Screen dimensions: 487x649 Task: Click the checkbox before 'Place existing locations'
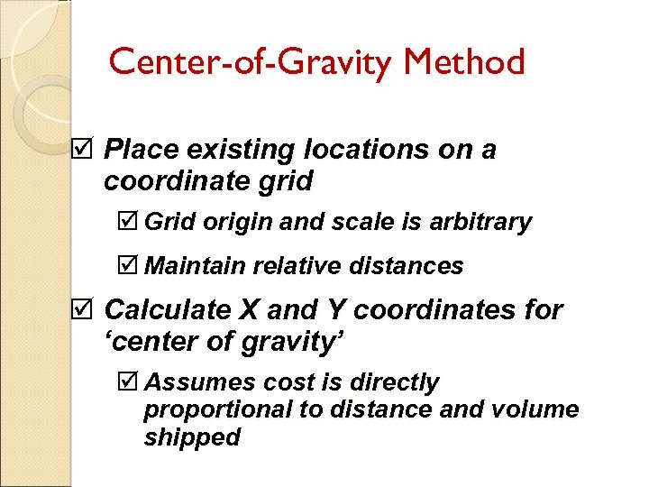82,150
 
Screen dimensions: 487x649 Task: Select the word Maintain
196,266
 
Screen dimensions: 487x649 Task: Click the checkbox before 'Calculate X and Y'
82,310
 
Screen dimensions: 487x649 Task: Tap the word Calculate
169,310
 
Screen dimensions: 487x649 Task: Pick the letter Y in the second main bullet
336,310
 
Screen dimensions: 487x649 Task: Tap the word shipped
192,437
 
